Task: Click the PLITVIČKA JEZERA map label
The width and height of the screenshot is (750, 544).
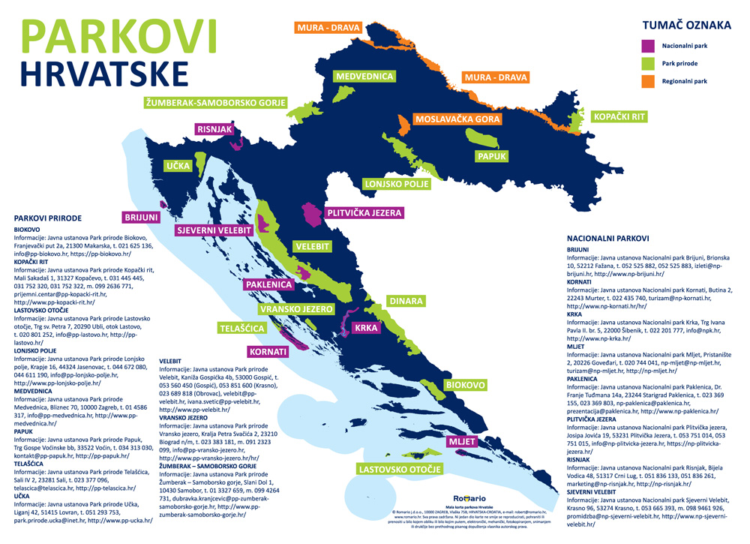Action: pyautogui.click(x=364, y=213)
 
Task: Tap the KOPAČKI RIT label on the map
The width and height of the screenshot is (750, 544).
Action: pyautogui.click(x=619, y=117)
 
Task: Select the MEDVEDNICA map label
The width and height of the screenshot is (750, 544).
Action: pyautogui.click(x=364, y=77)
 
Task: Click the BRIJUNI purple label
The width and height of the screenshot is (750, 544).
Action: pyautogui.click(x=141, y=218)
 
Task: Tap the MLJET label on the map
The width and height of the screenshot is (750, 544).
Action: pyautogui.click(x=462, y=442)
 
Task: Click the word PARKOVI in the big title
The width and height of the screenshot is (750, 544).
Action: pyautogui.click(x=119, y=35)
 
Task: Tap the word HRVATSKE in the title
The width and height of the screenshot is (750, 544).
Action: pyautogui.click(x=104, y=74)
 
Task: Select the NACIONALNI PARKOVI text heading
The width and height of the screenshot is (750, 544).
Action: pyautogui.click(x=608, y=239)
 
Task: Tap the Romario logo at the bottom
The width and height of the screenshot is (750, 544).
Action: pyautogui.click(x=470, y=498)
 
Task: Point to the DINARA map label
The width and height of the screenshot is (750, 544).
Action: pyautogui.click(x=405, y=302)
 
